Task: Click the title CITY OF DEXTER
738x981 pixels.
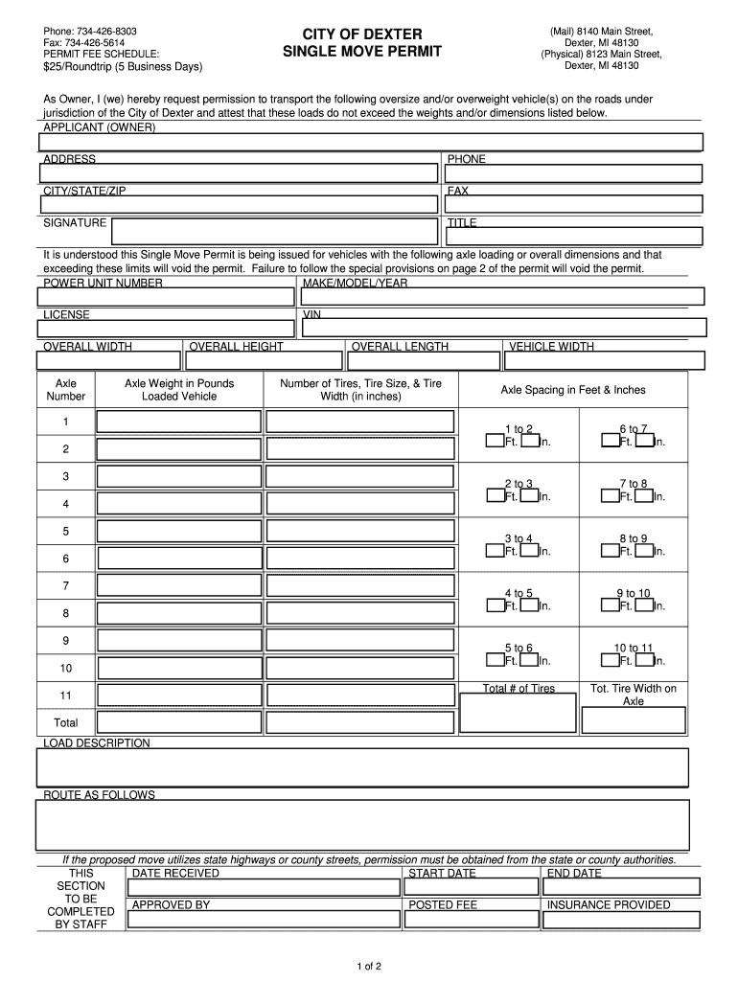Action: pyautogui.click(x=362, y=34)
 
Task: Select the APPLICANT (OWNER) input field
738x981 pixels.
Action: pyautogui.click(x=370, y=142)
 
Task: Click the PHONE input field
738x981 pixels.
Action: pyautogui.click(x=573, y=174)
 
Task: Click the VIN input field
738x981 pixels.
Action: pyautogui.click(x=503, y=328)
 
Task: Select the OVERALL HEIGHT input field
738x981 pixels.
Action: pyautogui.click(x=263, y=360)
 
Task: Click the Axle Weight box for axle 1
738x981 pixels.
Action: pyautogui.click(x=179, y=422)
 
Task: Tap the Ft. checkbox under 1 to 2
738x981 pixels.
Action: pyautogui.click(x=494, y=441)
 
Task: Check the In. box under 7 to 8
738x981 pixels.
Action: pyautogui.click(x=646, y=495)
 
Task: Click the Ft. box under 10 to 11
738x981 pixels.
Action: pyautogui.click(x=610, y=659)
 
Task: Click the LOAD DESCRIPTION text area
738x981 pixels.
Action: pyautogui.click(x=362, y=767)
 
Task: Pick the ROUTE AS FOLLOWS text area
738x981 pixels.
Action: pyautogui.click(x=362, y=825)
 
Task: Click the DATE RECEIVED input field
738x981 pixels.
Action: pyautogui.click(x=264, y=887)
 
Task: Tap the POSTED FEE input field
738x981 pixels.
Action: pyautogui.click(x=472, y=920)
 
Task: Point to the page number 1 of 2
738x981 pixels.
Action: pyautogui.click(x=368, y=965)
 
